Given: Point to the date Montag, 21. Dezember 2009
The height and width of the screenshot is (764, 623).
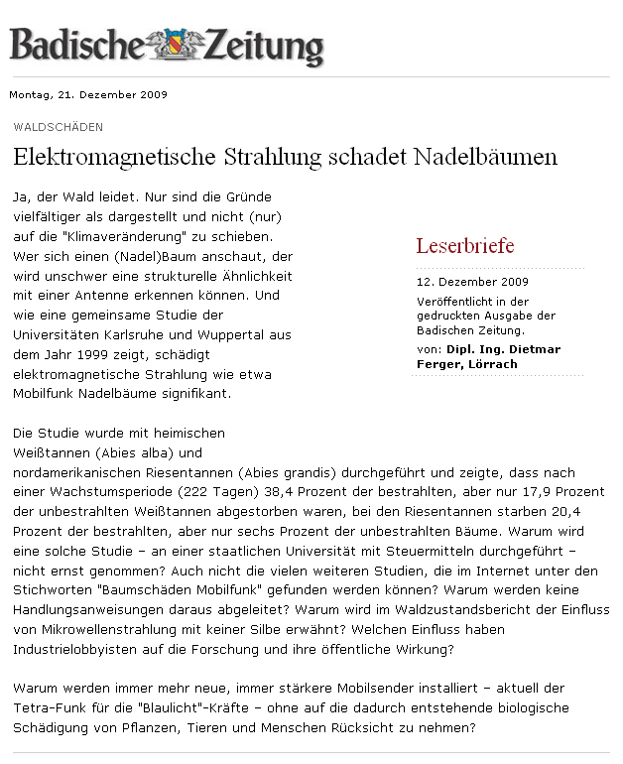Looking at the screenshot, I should [x=88, y=95].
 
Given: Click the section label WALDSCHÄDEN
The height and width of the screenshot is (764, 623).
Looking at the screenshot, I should [x=58, y=127].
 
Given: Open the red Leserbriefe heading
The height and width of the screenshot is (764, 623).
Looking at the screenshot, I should [x=464, y=245].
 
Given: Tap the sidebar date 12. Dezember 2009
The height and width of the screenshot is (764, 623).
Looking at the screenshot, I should [x=458, y=281].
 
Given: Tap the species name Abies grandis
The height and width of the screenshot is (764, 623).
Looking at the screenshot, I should [x=292, y=472].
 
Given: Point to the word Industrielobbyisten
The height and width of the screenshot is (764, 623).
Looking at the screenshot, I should [x=80, y=649].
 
